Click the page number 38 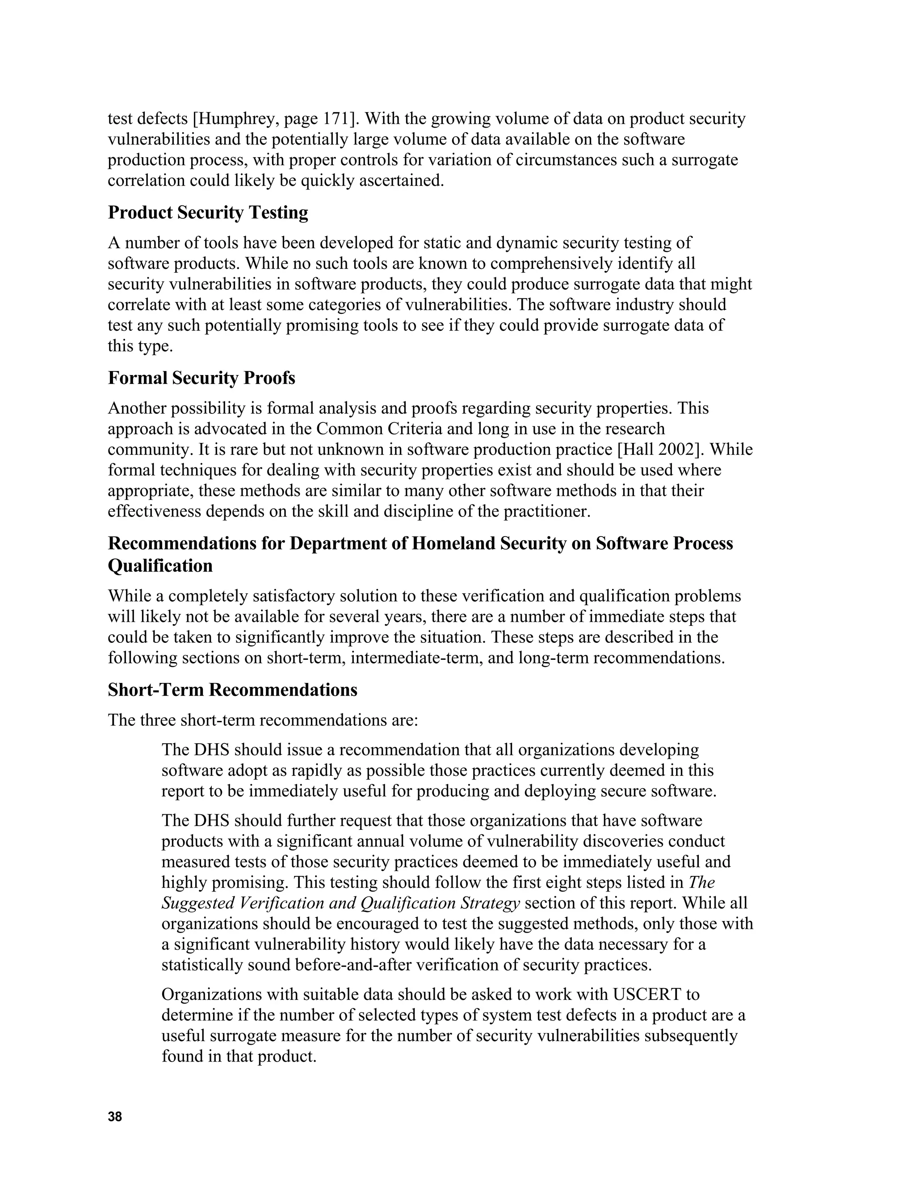(x=115, y=1116)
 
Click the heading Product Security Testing (x=208, y=212)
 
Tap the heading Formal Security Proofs (x=201, y=378)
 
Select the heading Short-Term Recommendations (x=232, y=690)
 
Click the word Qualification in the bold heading (x=160, y=566)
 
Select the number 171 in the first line (x=336, y=119)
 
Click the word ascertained (x=406, y=180)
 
